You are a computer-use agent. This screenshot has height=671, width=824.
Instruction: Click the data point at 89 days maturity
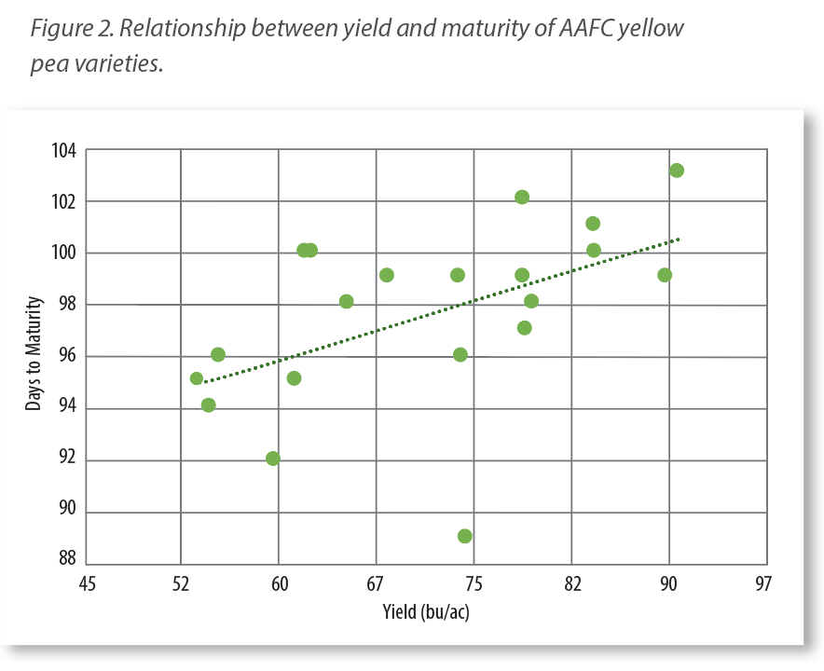pyautogui.click(x=464, y=536)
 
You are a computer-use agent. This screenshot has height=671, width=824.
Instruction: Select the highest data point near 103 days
pyautogui.click(x=677, y=171)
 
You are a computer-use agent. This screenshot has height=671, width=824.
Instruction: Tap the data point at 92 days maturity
pyautogui.click(x=272, y=459)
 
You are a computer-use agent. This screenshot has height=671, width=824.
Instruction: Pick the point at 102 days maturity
pyautogui.click(x=522, y=197)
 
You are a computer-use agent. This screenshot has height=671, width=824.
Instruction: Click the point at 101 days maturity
pyautogui.click(x=593, y=224)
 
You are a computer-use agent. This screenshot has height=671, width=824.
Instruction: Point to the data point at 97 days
pyautogui.click(x=524, y=328)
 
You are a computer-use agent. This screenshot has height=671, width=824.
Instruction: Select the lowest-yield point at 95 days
pyautogui.click(x=197, y=378)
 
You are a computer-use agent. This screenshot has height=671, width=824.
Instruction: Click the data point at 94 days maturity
pyautogui.click(x=209, y=405)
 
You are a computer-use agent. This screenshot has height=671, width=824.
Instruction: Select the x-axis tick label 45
pyautogui.click(x=87, y=583)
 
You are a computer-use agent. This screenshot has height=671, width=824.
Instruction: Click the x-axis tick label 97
pyautogui.click(x=764, y=583)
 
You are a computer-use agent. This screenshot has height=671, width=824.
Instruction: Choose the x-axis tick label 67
pyautogui.click(x=376, y=583)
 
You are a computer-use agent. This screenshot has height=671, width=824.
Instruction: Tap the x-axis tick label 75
pyautogui.click(x=474, y=583)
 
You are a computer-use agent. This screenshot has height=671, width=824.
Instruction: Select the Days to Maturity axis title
pyautogui.click(x=34, y=354)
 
